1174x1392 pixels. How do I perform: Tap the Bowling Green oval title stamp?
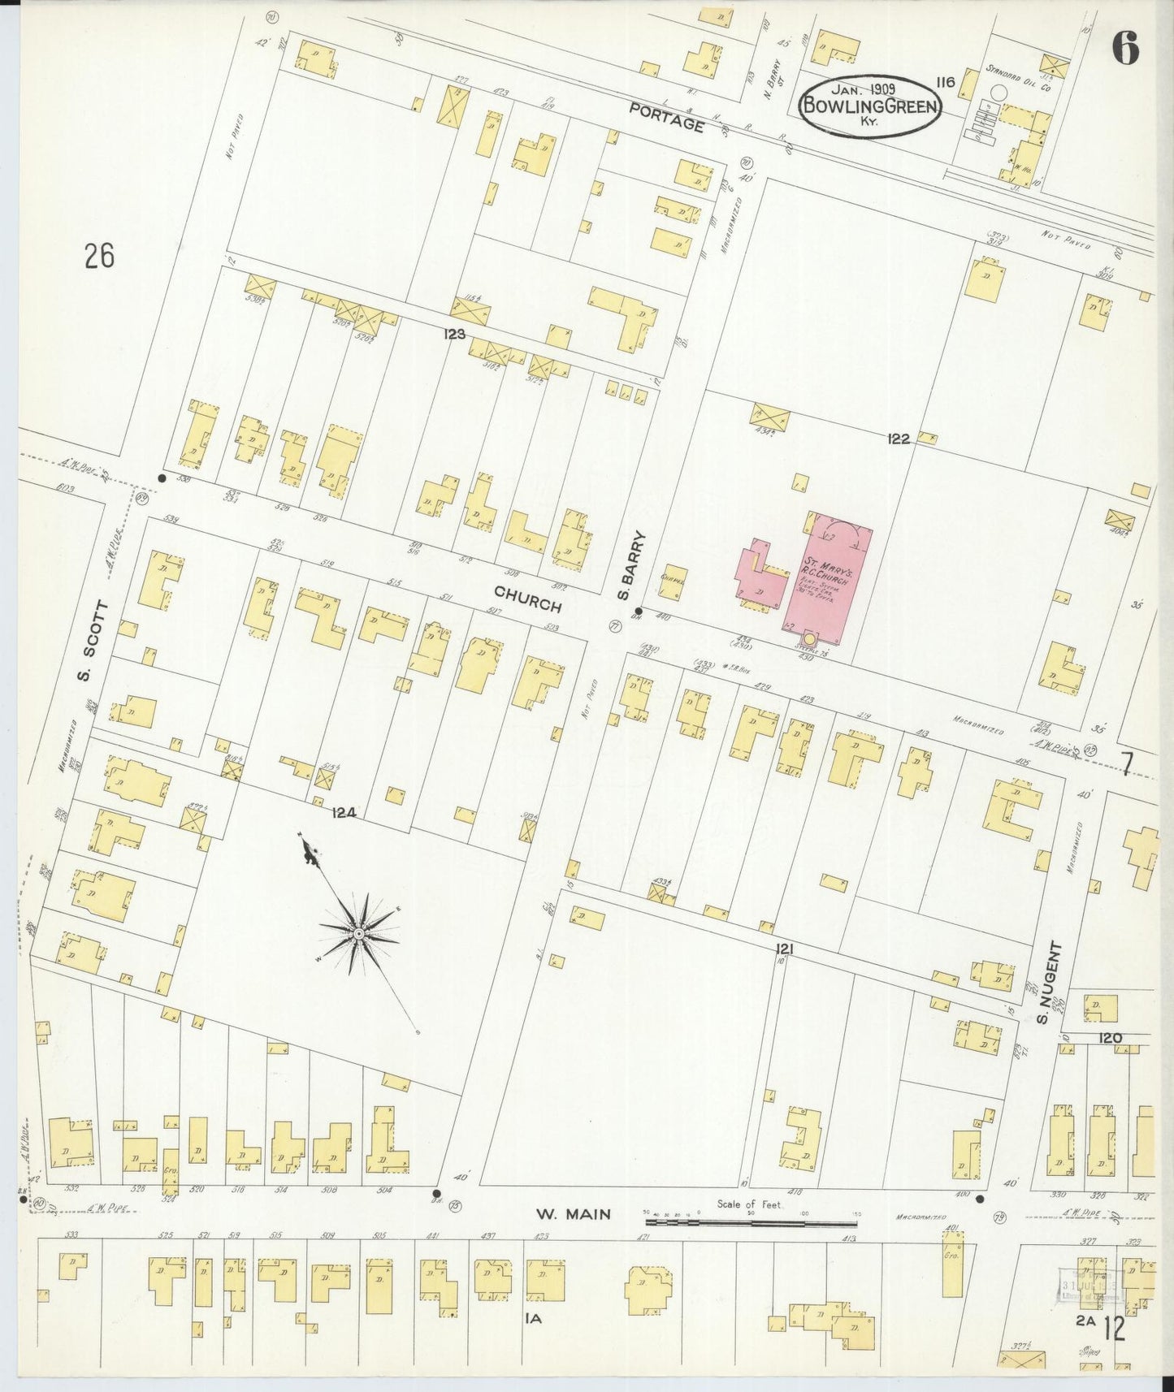(870, 105)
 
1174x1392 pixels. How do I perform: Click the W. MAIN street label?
(572, 1214)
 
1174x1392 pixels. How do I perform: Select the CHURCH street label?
(528, 599)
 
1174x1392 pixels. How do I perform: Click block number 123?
(454, 333)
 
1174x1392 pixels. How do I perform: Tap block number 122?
(899, 439)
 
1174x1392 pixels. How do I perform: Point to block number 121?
(783, 949)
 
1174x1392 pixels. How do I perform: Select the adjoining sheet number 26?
(99, 256)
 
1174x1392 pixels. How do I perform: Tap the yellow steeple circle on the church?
(809, 639)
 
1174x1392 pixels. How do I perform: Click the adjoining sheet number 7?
(1126, 765)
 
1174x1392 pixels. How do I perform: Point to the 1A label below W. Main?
(533, 1320)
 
